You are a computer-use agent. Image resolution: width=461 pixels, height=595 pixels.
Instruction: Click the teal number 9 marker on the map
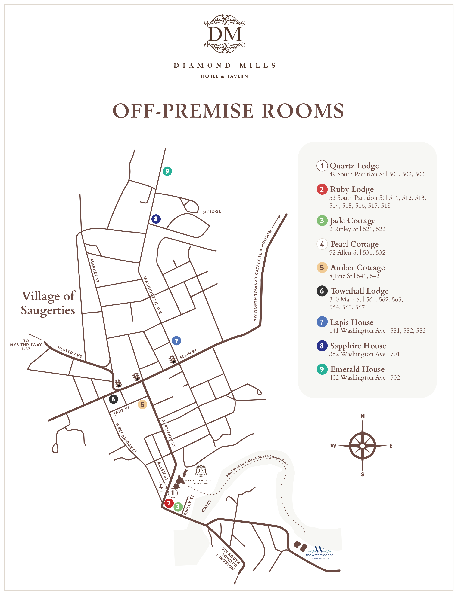167,171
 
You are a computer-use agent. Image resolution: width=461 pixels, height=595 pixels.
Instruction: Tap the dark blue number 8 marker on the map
156,219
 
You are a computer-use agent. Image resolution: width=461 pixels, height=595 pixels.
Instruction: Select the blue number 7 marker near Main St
176,340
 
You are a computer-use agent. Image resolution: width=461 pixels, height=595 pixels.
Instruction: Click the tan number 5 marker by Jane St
142,404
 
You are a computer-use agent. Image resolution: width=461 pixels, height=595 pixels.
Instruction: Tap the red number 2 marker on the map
169,503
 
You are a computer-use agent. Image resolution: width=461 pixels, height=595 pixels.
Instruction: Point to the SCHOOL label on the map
211,212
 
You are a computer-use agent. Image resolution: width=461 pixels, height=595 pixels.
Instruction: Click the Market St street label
95,270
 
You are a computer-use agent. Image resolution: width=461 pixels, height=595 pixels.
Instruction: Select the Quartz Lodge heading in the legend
354,166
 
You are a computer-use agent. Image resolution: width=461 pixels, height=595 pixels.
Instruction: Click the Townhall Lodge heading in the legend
359,291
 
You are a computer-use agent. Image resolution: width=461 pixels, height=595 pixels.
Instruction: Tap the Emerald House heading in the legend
357,369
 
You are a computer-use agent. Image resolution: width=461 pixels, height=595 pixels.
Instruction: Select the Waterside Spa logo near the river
319,552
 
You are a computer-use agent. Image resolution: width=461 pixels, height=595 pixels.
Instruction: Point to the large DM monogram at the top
225,34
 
